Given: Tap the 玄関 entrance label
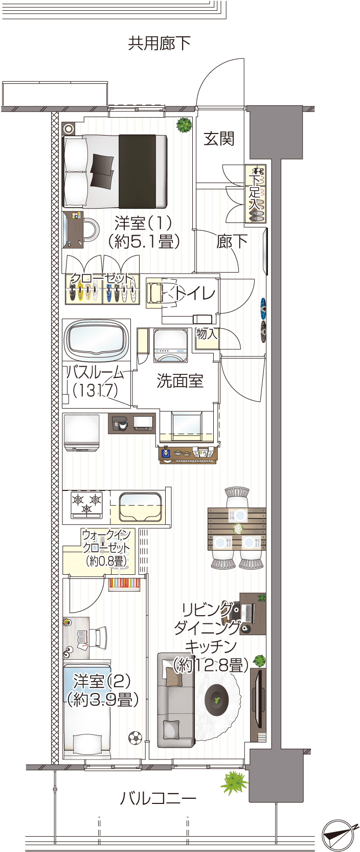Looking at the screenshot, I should (219, 139).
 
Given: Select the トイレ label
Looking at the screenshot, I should (195, 294).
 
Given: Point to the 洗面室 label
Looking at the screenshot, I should (180, 380).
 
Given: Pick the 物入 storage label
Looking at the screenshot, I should (207, 334).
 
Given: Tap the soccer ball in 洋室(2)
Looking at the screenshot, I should (135, 738).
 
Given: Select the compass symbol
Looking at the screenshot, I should (339, 834).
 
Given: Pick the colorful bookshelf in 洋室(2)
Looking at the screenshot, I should (124, 584).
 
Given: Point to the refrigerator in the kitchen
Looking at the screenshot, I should (82, 433).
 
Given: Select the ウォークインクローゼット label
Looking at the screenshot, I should (106, 548).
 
